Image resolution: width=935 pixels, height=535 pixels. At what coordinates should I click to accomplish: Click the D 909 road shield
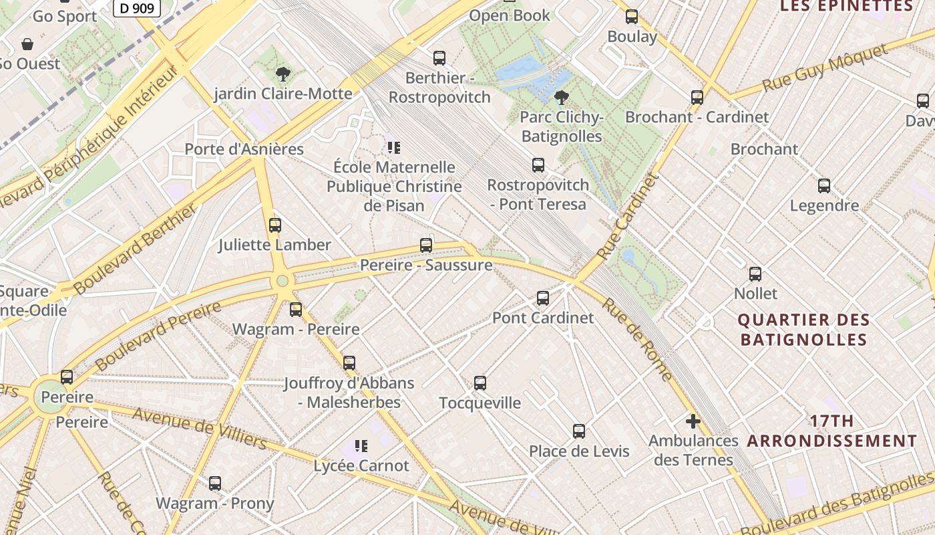pyautogui.click(x=137, y=8)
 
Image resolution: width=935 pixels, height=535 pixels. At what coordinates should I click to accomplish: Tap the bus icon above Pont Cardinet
pyautogui.click(x=543, y=298)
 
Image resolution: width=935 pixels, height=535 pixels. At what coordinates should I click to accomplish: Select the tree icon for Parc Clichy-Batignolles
pyautogui.click(x=562, y=98)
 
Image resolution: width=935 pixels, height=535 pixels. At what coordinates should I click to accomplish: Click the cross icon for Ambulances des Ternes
pyautogui.click(x=693, y=421)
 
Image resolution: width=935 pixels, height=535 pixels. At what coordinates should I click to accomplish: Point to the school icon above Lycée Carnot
pyautogui.click(x=361, y=446)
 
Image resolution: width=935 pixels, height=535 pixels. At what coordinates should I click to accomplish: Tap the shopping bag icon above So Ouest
pyautogui.click(x=27, y=44)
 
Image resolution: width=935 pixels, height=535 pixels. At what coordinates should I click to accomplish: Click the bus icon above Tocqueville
pyautogui.click(x=480, y=383)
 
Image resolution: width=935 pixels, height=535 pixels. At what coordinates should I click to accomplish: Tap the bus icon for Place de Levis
pyautogui.click(x=579, y=431)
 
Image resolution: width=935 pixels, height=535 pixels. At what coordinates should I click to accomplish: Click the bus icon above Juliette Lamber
pyautogui.click(x=275, y=225)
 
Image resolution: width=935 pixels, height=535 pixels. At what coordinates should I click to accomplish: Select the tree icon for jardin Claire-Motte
pyautogui.click(x=283, y=74)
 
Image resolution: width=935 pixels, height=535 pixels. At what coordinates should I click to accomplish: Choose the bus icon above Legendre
pyautogui.click(x=824, y=186)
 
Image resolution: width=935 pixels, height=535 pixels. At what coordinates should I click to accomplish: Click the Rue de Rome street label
pyautogui.click(x=637, y=339)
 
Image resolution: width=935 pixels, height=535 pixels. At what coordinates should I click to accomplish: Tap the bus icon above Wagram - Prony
pyautogui.click(x=215, y=484)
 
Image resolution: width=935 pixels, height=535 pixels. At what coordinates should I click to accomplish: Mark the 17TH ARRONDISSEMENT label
pyautogui.click(x=832, y=431)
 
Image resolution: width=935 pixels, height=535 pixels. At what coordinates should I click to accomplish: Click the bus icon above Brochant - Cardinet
pyautogui.click(x=697, y=98)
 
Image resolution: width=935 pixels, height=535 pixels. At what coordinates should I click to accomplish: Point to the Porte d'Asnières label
pyautogui.click(x=244, y=149)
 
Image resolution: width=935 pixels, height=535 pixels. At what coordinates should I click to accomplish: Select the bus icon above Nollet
pyautogui.click(x=755, y=274)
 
